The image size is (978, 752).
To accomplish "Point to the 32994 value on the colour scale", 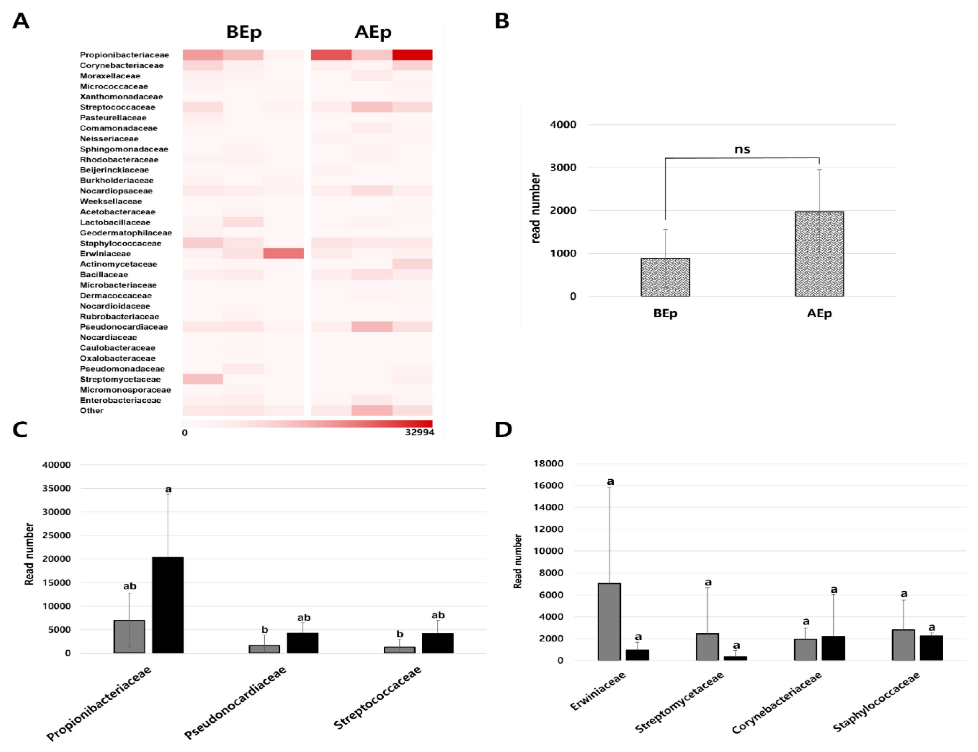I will point(419,432).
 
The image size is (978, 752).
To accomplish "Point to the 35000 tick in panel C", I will point(56,488).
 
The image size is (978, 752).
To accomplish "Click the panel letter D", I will point(503,430).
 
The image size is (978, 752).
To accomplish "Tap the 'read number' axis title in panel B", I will point(535,208).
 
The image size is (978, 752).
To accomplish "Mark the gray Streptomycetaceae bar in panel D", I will point(707,647).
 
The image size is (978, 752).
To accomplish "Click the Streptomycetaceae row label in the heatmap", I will point(120,379).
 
